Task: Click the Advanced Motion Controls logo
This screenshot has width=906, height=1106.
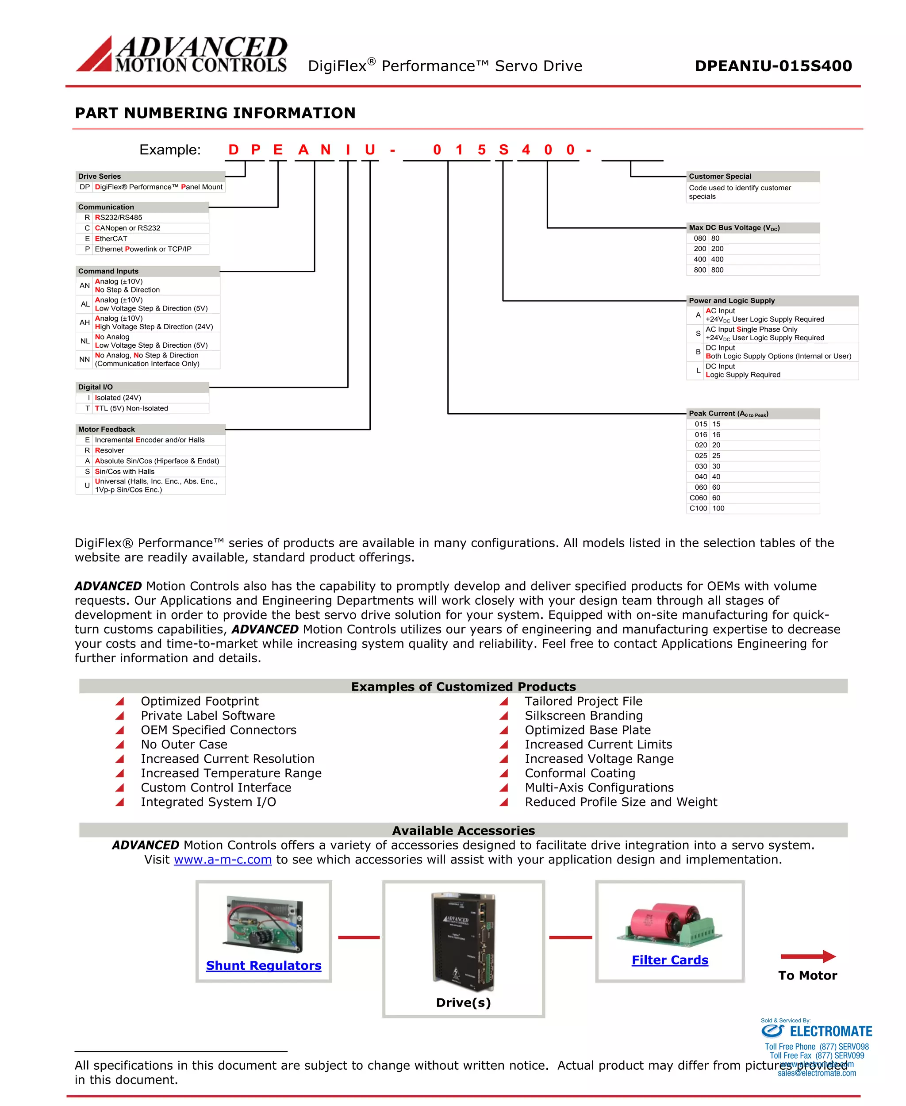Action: (x=182, y=54)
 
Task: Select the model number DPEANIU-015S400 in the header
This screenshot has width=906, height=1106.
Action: (x=773, y=66)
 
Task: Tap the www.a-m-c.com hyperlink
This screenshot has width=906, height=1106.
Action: (x=223, y=859)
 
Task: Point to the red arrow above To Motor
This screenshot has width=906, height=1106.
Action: (x=808, y=956)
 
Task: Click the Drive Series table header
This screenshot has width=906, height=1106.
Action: (x=99, y=177)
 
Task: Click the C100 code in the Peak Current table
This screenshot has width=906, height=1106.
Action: (x=698, y=508)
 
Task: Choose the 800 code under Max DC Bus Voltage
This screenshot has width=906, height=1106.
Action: (x=700, y=270)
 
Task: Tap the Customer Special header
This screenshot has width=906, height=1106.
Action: (x=720, y=177)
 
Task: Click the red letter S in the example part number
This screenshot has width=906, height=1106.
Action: (x=503, y=150)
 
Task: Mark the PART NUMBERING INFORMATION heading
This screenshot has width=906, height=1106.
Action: (x=215, y=113)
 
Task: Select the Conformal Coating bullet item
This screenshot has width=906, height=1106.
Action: (x=580, y=773)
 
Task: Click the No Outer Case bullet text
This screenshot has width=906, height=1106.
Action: (x=184, y=744)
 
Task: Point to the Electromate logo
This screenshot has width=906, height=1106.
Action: (x=816, y=1031)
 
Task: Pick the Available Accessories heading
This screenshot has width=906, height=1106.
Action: (x=464, y=830)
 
